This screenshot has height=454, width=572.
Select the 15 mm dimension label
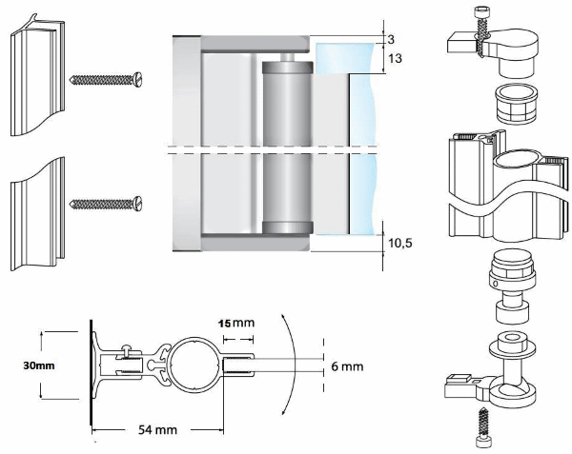pyautogui.click(x=238, y=324)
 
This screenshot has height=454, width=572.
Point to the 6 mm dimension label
pyautogui.click(x=348, y=365)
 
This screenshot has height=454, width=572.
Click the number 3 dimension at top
pyautogui.click(x=391, y=38)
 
